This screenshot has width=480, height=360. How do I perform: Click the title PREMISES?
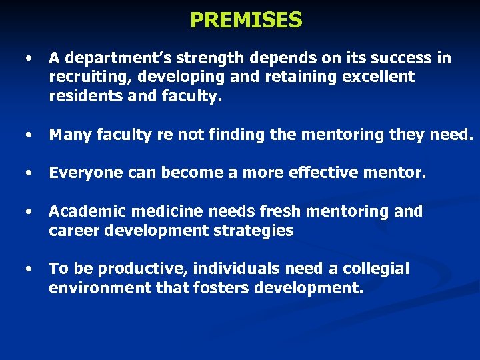246,20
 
